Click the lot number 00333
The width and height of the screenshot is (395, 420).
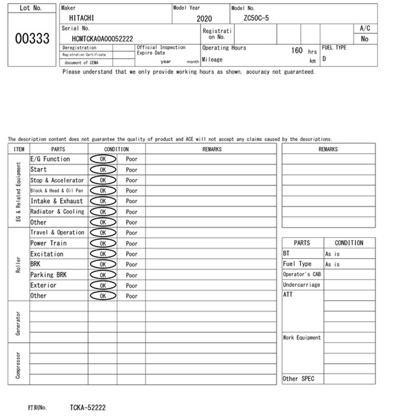coord(32,38)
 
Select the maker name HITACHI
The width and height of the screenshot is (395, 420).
coord(81,18)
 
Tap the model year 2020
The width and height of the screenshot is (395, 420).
coord(204,19)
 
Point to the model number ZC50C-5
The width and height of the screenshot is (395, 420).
coord(256,18)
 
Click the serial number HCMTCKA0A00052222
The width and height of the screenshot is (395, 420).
coord(102,39)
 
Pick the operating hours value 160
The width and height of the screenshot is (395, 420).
coord(297,50)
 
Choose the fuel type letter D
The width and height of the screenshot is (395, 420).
coord(324,59)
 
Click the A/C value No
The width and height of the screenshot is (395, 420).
coord(364,39)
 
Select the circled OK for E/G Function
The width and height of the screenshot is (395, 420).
coord(103,159)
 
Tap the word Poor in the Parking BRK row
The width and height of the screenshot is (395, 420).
coord(131,275)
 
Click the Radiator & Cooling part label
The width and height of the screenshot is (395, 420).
coord(57,212)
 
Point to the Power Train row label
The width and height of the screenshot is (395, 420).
coord(48,243)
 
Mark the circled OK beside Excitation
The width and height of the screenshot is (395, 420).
coord(103,254)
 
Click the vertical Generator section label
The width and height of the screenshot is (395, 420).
coord(18,323)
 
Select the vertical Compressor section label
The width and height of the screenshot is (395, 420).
coord(18,365)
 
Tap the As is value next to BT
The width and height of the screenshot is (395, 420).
coord(332,254)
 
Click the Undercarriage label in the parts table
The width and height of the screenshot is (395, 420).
coord(302,285)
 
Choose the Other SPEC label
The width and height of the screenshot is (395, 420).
coord(298,379)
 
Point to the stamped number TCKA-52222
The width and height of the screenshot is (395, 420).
coord(88,408)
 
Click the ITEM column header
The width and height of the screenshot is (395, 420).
coord(19,149)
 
